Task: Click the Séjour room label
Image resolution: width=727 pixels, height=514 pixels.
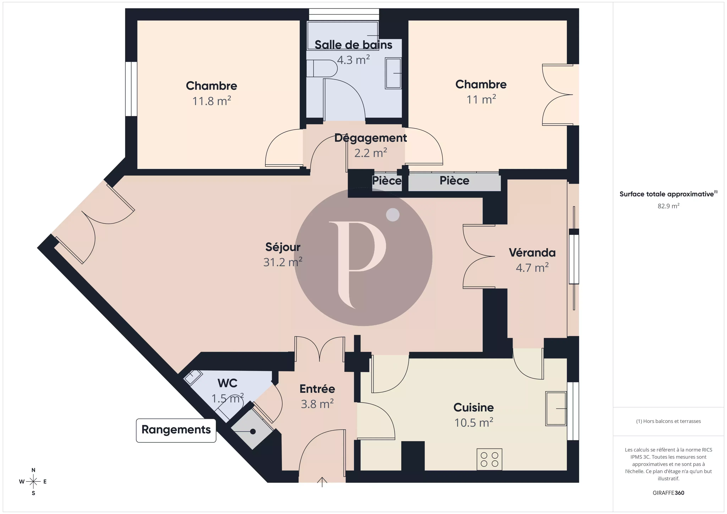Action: pyautogui.click(x=283, y=247)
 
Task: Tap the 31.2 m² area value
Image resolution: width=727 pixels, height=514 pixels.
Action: pyautogui.click(x=283, y=262)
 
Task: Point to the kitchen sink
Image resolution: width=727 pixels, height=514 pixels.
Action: pyautogui.click(x=556, y=409)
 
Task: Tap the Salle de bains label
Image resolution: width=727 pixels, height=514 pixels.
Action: pyautogui.click(x=353, y=45)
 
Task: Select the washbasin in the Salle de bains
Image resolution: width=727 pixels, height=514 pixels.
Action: pyautogui.click(x=393, y=73)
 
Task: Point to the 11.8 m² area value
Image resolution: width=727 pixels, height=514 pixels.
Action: pyautogui.click(x=212, y=101)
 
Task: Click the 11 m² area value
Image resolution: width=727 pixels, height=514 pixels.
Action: pyautogui.click(x=481, y=99)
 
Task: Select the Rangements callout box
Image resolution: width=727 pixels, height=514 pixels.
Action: pyautogui.click(x=176, y=430)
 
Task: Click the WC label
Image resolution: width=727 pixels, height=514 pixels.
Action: pyautogui.click(x=227, y=383)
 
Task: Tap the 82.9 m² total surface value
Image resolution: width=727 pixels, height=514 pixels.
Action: pyautogui.click(x=668, y=206)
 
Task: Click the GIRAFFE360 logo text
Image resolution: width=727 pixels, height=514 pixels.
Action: pyautogui.click(x=668, y=493)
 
